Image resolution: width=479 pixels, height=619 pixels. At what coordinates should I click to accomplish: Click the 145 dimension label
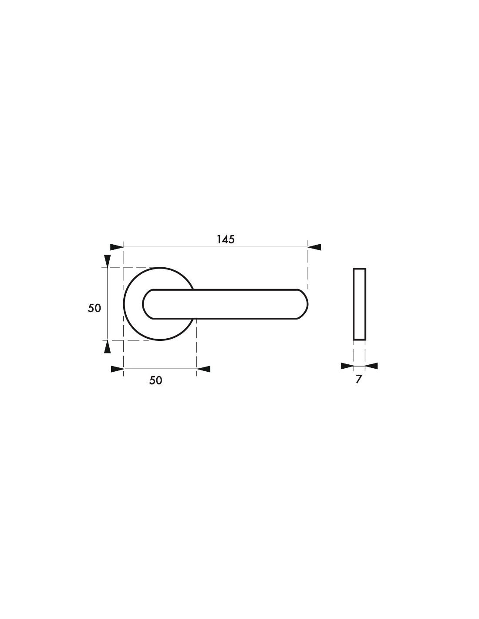coord(226,239)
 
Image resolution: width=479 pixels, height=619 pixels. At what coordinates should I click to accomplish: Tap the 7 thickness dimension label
coord(359,379)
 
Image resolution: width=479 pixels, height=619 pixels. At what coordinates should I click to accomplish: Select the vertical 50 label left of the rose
coord(94,308)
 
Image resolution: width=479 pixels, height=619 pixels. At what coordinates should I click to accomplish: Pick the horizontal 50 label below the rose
coord(155,380)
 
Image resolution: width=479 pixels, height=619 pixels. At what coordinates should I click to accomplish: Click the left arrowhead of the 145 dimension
coord(117,247)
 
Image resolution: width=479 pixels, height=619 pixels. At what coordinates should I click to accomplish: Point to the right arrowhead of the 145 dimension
coord(314,247)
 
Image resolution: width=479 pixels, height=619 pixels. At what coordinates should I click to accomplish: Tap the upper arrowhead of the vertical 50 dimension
coord(108,261)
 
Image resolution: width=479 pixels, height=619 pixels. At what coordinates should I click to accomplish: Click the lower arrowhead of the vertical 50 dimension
coord(108,347)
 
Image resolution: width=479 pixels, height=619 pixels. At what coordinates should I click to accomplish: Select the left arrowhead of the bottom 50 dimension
coord(118,369)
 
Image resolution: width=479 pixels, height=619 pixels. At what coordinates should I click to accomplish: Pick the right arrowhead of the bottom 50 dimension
coord(204,369)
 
